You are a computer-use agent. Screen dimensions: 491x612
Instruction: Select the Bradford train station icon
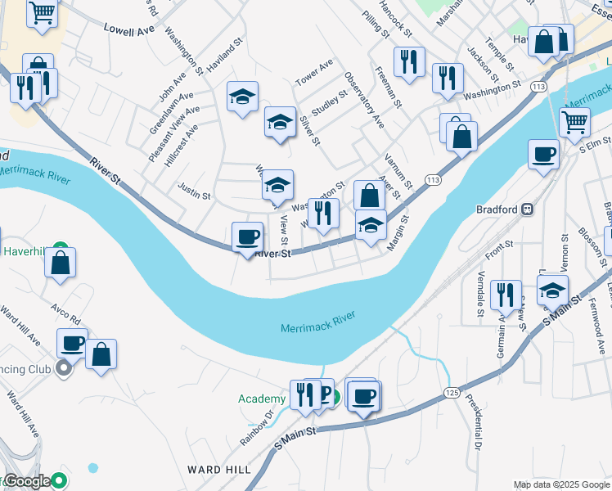click(529, 209)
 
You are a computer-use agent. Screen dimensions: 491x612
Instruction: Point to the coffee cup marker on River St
click(248, 237)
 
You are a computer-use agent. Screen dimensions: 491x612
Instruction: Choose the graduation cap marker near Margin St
click(371, 225)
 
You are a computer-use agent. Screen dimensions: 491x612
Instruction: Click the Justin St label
click(194, 196)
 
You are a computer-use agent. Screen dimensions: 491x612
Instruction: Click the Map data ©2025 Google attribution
click(561, 484)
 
